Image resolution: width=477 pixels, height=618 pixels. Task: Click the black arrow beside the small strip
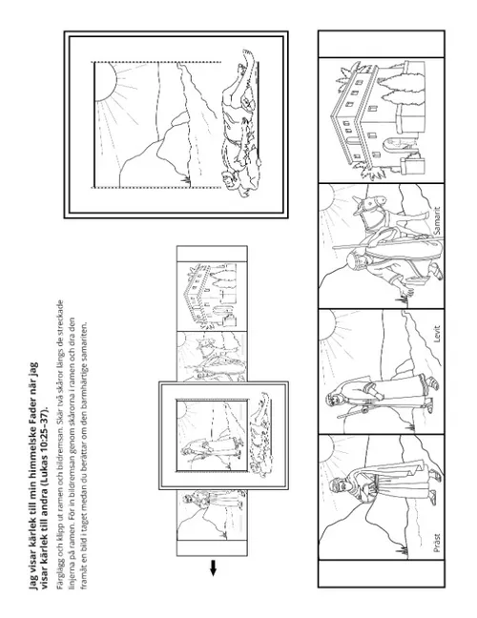point(213,567)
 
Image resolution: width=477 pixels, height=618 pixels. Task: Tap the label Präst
point(436,543)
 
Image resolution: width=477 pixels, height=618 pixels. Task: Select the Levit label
point(436,333)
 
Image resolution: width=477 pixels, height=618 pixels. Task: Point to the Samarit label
point(436,221)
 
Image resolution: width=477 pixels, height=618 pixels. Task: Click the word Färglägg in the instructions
point(60,576)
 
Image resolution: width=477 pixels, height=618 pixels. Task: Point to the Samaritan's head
point(353,260)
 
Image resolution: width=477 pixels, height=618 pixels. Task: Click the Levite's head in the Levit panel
point(331,401)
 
